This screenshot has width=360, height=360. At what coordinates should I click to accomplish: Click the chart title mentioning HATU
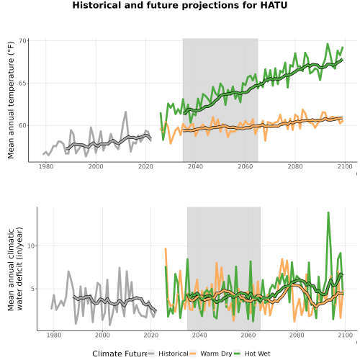click(180, 5)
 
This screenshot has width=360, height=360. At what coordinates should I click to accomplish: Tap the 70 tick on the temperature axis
click(23, 41)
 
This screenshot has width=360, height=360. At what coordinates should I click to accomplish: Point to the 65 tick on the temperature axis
click(23, 84)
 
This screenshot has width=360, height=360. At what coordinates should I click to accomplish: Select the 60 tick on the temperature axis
click(23, 125)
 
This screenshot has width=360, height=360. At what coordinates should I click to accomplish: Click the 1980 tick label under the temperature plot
click(46, 166)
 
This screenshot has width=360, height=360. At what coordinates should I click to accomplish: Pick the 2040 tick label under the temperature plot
click(195, 166)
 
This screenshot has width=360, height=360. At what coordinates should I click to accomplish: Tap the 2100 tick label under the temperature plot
click(345, 166)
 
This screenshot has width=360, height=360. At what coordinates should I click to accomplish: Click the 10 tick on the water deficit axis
click(32, 246)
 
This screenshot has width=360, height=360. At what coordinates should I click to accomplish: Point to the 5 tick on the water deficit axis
click(33, 289)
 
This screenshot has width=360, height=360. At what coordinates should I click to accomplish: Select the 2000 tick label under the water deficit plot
click(102, 335)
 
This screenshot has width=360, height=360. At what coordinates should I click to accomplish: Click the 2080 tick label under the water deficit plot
click(297, 335)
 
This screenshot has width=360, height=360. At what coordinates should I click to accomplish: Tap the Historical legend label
click(174, 354)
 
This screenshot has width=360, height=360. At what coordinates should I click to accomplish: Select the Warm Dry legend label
click(216, 354)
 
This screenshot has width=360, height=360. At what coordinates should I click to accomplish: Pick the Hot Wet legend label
click(258, 354)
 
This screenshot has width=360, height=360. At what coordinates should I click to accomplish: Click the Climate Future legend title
click(120, 354)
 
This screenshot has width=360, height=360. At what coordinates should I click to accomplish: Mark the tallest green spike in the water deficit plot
click(328, 212)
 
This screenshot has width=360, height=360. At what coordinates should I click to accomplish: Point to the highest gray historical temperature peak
click(125, 112)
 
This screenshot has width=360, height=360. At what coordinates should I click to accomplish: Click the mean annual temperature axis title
click(11, 100)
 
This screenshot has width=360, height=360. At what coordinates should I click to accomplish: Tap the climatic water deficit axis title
click(15, 269)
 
